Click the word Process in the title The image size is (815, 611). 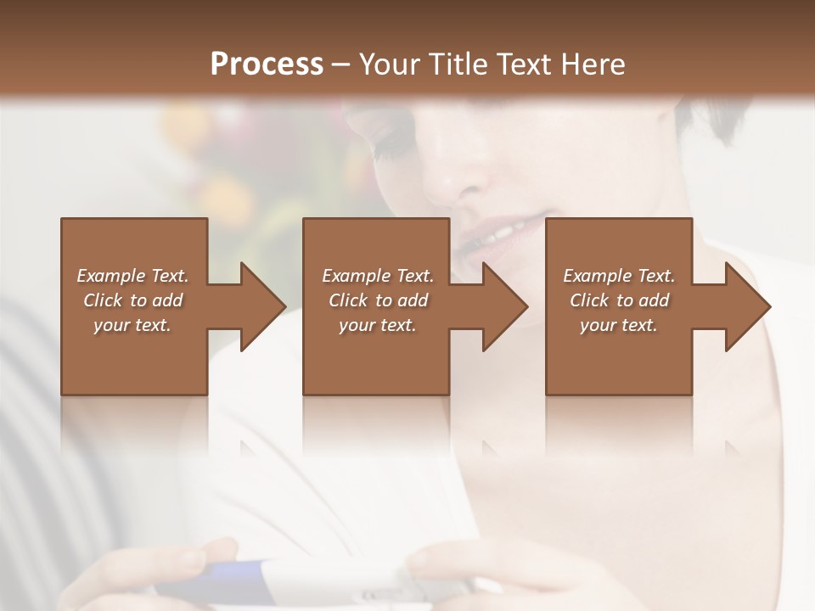(267, 64)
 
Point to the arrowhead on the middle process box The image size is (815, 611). (503, 306)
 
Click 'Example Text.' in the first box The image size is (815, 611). (132, 276)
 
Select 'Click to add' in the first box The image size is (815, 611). (132, 300)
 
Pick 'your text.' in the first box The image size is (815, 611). (132, 325)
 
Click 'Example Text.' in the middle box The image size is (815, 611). (378, 276)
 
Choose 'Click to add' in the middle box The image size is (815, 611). (378, 300)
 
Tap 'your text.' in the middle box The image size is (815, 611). (378, 325)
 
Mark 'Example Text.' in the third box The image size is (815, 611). (619, 276)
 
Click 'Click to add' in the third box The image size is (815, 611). (619, 300)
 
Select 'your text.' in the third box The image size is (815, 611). (619, 325)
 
